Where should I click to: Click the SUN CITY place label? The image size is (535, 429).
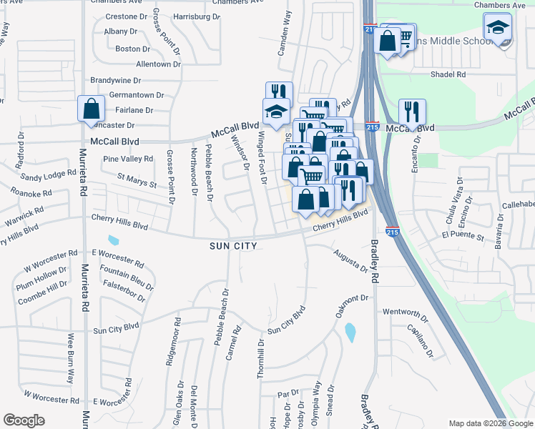pos(232,245)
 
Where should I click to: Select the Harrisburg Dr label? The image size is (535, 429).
pos(196,16)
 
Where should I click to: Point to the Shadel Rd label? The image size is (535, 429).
pos(448,74)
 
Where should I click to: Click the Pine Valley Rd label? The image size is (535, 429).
pos(128,159)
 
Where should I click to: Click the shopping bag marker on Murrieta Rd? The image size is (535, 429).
pos(92,109)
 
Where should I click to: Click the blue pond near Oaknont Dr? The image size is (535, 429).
pos(350,332)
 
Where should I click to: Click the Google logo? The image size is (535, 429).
pos(24,420)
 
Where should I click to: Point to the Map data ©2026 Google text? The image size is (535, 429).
pos(490,423)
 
